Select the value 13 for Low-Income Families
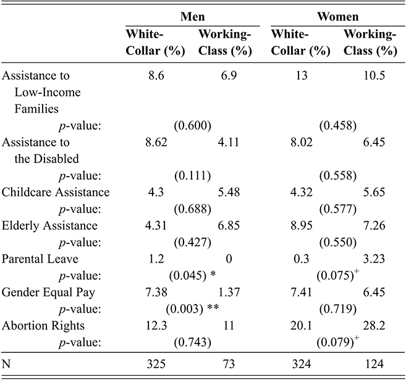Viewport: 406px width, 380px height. (x=300, y=77)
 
